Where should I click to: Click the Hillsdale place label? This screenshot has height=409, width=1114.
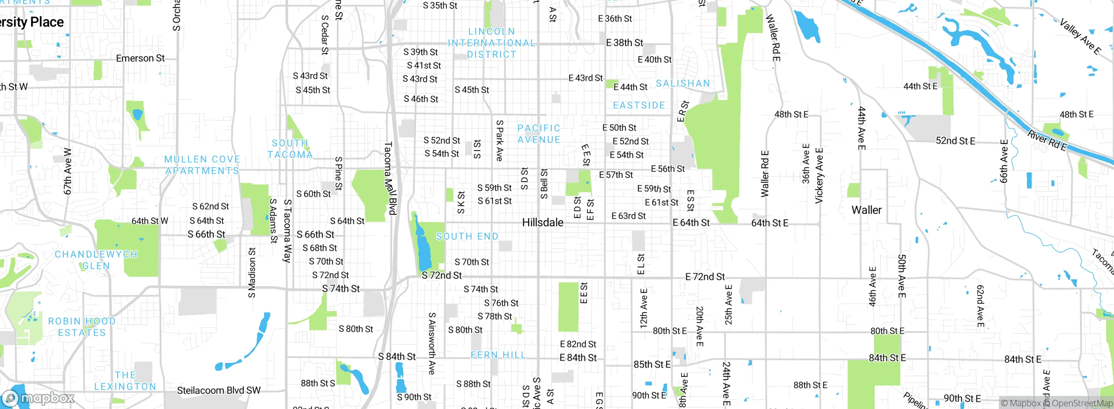(543, 222)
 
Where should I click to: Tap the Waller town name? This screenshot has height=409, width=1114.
(866, 210)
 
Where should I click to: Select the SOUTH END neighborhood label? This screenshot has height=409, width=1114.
(467, 236)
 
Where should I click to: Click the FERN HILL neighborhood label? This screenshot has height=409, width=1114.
(498, 355)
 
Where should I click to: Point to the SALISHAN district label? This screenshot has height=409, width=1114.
(683, 83)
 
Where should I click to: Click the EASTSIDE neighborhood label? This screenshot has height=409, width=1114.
(639, 105)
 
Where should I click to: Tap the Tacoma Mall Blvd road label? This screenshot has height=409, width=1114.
(390, 178)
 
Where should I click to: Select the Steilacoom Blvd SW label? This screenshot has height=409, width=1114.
(218, 390)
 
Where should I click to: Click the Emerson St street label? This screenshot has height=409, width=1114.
(140, 58)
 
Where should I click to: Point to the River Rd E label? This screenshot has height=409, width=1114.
(1047, 141)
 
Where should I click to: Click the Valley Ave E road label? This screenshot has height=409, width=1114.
(1080, 37)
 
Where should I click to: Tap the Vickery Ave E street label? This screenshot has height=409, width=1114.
(819, 176)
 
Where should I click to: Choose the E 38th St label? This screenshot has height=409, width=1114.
(624, 43)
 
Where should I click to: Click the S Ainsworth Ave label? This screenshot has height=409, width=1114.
(432, 343)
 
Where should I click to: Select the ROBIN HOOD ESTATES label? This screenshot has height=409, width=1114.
(82, 327)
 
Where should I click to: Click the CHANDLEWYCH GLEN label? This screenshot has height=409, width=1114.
(96, 260)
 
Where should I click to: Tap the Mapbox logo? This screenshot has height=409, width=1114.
(38, 398)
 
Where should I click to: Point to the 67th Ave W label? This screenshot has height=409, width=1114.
(67, 171)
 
